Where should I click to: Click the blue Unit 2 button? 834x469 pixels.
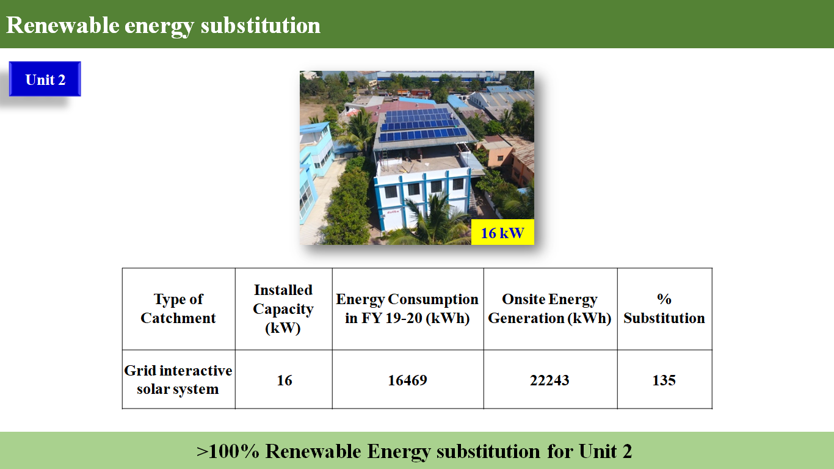tap(45, 79)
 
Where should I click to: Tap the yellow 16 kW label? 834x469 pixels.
tap(502, 233)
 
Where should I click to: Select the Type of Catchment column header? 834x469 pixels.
tap(178, 308)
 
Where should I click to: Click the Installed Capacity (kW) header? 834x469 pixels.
tap(283, 309)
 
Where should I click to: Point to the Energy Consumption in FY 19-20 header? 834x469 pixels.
tap(407, 308)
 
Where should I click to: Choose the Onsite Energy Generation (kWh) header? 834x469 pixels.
tap(550, 308)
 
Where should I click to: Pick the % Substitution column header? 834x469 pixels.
tap(664, 308)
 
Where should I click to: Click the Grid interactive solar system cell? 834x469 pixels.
tap(178, 380)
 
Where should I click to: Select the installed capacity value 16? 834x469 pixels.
tap(285, 380)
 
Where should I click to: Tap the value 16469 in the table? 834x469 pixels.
tap(407, 380)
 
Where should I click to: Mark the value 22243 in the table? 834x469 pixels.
tap(549, 380)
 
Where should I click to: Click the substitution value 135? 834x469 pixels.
tap(664, 380)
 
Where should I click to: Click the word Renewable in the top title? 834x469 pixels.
tap(62, 25)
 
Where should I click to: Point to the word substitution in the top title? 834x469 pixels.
tap(260, 25)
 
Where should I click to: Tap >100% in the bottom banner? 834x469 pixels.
tap(228, 451)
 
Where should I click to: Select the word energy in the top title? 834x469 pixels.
tap(159, 27)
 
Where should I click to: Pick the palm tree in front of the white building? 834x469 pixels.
tap(432, 220)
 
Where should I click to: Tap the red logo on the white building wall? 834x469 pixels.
tap(393, 213)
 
